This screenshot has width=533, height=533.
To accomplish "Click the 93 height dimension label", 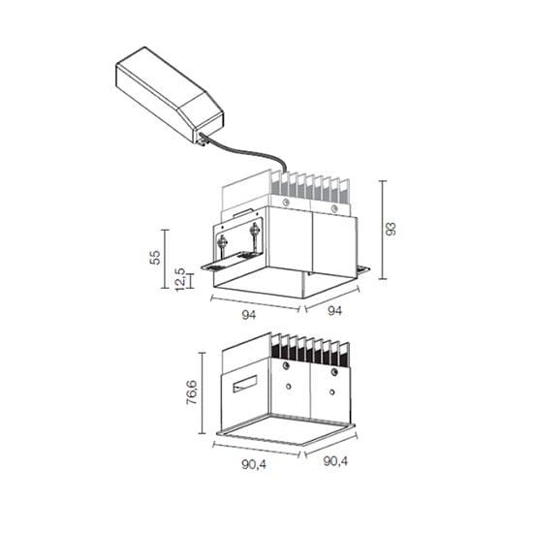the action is [x=392, y=229].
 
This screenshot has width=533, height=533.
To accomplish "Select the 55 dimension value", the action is [x=155, y=257].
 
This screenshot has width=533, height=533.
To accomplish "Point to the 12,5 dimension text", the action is [x=180, y=279].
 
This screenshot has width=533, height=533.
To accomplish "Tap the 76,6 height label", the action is [x=192, y=392].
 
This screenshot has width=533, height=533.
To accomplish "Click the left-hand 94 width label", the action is [x=249, y=315].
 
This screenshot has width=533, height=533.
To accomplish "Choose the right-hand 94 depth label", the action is [x=335, y=311].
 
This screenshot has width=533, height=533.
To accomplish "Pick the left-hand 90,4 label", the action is [x=254, y=464].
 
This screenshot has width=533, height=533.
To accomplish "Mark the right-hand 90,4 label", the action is [x=335, y=461].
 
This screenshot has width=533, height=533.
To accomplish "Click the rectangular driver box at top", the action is [x=170, y=95].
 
